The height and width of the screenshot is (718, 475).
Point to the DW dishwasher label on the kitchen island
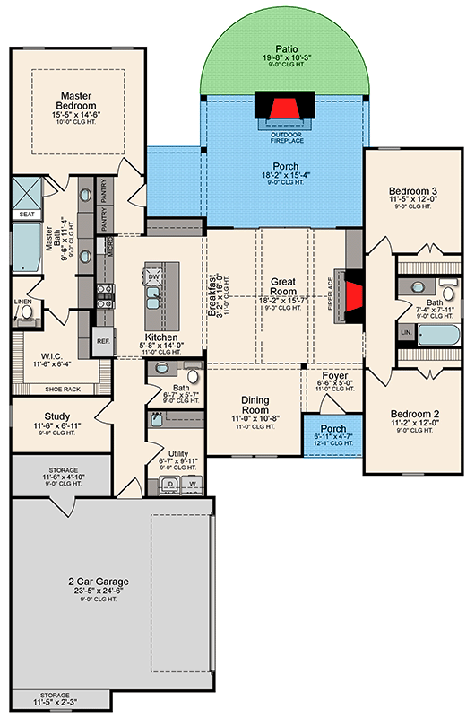(x=153, y=277)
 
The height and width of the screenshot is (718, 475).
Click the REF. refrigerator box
(x=103, y=341)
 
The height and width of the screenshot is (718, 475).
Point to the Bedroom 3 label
(x=412, y=191)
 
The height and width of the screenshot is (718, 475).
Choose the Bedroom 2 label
(x=413, y=415)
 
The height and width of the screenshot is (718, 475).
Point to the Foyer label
(x=335, y=375)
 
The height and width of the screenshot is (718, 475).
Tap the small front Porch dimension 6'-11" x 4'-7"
(x=332, y=435)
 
